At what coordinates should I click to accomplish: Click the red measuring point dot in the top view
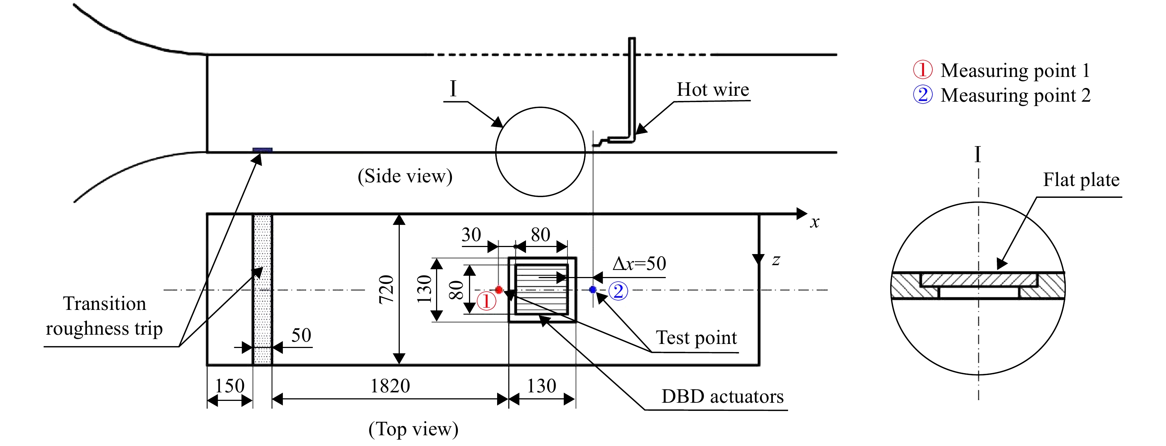click(x=499, y=290)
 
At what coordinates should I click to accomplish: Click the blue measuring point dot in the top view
click(x=593, y=290)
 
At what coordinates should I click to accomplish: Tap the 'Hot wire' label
click(x=713, y=89)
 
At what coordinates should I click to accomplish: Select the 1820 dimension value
click(x=390, y=386)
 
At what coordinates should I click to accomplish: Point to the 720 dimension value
click(x=386, y=289)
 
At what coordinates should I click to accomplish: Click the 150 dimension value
click(x=229, y=386)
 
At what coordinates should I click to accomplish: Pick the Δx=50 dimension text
click(x=639, y=263)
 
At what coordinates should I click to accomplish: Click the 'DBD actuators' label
click(x=723, y=396)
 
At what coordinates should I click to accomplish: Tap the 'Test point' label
click(x=696, y=337)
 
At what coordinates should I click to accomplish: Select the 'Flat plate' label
click(x=1081, y=180)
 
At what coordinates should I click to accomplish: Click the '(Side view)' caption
click(x=405, y=176)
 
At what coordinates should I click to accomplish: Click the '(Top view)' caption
click(x=413, y=429)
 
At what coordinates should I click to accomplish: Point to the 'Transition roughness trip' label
click(x=104, y=316)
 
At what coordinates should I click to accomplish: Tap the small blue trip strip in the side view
click(x=262, y=150)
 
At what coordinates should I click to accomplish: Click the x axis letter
click(x=815, y=222)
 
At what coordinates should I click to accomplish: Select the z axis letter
click(x=776, y=260)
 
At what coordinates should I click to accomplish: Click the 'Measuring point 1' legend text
click(x=1015, y=71)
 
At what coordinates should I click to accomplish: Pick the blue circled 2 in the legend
click(x=922, y=95)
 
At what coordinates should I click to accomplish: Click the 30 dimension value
click(x=471, y=235)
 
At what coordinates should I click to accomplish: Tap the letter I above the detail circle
click(x=453, y=88)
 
